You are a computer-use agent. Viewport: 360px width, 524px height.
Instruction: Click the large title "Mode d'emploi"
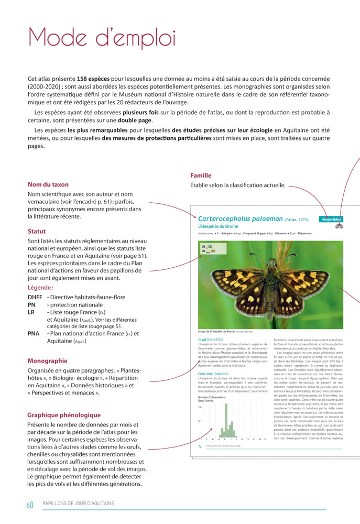(102, 38)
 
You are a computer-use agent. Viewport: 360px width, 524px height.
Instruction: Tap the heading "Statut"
(37, 231)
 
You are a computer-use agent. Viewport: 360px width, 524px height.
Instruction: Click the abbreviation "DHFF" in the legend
(36, 297)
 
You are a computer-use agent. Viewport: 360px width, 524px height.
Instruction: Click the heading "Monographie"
(47, 361)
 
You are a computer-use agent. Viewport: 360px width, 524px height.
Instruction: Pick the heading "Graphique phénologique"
(64, 415)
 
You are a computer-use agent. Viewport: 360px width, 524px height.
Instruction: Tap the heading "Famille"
(201, 176)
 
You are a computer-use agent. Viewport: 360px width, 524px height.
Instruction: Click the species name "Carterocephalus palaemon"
(241, 219)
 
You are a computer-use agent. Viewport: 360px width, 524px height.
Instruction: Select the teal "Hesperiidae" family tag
(331, 220)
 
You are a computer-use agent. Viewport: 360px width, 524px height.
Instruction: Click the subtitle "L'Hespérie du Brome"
(215, 226)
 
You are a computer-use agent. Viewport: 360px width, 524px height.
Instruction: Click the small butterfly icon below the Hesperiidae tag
(339, 227)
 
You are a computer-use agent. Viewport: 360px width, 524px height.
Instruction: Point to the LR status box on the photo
(208, 248)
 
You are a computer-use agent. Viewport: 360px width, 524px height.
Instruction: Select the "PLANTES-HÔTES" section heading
(211, 340)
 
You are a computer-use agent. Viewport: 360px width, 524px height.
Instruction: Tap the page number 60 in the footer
(30, 505)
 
